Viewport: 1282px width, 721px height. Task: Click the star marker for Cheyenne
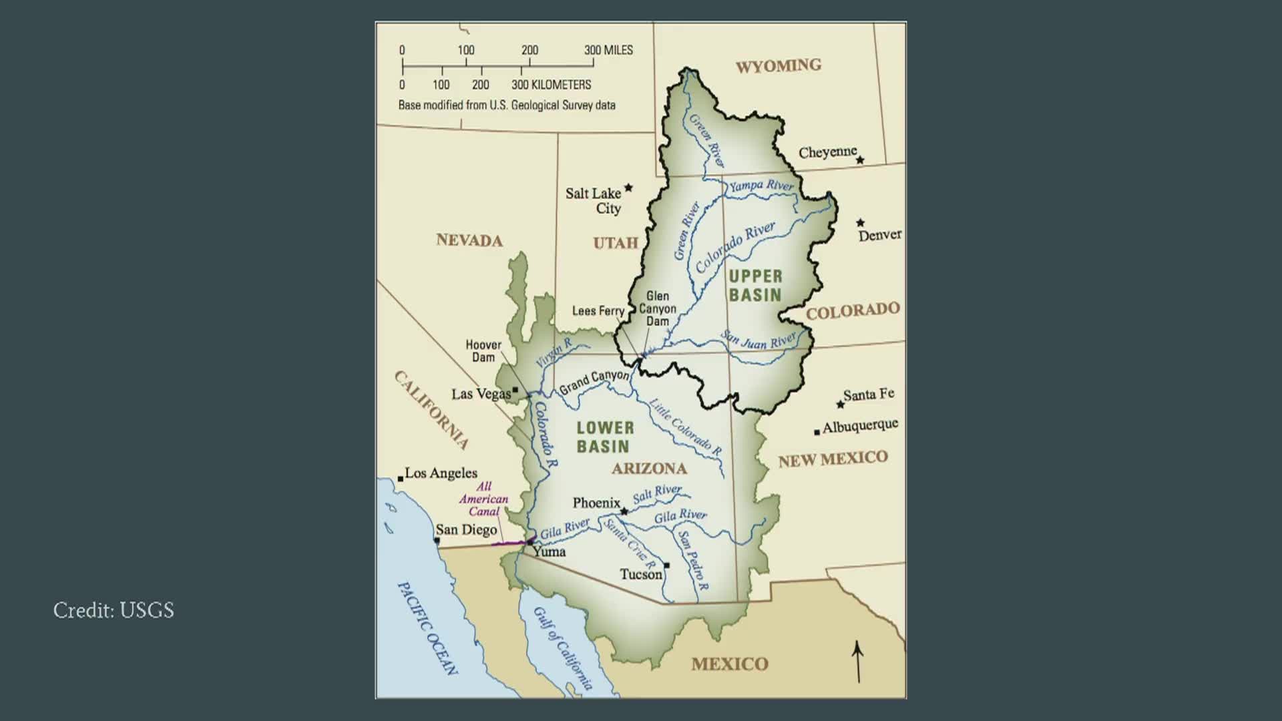point(860,160)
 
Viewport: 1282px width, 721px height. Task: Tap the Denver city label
point(879,235)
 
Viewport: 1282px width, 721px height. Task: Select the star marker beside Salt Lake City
point(628,188)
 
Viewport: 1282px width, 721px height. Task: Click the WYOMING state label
point(778,65)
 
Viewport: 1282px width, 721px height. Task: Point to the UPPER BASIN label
point(755,286)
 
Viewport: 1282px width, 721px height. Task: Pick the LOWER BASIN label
point(605,437)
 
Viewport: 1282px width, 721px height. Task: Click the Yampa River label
point(761,186)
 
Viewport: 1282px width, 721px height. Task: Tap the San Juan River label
point(759,340)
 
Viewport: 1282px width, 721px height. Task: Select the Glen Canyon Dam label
point(658,308)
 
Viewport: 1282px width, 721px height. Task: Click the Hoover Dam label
point(483,351)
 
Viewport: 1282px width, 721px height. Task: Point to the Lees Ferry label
point(598,311)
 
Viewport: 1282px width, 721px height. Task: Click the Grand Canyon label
point(594,382)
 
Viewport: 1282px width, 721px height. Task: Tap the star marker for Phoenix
point(624,512)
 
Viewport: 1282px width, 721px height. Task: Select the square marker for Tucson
point(666,565)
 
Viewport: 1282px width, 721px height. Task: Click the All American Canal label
point(483,499)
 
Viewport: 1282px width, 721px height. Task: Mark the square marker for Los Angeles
point(401,479)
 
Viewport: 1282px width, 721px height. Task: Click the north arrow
point(858,662)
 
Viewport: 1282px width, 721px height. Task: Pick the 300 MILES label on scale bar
point(608,50)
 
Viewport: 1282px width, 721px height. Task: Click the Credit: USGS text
point(114,610)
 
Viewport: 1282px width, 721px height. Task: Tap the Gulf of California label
point(562,648)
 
